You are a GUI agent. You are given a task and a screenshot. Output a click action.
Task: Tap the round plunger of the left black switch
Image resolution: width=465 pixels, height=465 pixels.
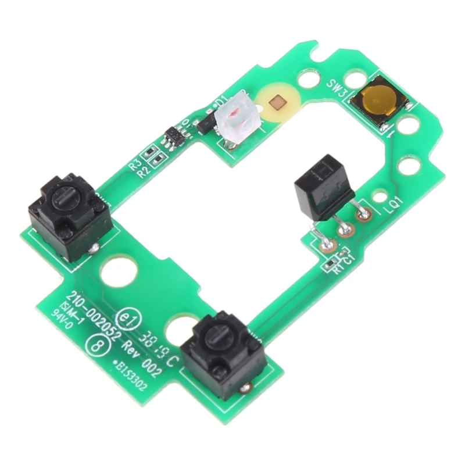click(64, 202)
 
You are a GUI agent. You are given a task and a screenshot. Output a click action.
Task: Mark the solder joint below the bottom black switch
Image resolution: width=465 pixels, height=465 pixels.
click(247, 387)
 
